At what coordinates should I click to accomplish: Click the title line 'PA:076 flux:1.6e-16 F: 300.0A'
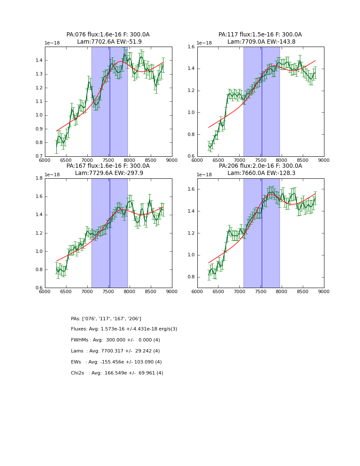108,35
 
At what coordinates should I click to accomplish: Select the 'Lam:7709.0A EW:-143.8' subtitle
260,42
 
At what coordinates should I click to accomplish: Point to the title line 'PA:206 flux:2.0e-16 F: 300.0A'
260,166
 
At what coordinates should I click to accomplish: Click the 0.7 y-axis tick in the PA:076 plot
39,156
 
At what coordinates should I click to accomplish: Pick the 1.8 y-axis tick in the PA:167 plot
39,178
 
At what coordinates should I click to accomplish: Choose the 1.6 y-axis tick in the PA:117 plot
191,47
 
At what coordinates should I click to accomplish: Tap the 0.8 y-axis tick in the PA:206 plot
191,277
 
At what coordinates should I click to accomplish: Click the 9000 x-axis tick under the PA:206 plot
324,291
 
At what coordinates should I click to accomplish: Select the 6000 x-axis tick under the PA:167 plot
45,291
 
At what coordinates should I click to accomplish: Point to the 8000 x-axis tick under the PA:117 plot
282,160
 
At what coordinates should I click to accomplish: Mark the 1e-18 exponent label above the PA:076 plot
52,43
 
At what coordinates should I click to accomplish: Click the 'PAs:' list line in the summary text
106,319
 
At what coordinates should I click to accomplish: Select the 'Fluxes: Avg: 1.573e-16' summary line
124,329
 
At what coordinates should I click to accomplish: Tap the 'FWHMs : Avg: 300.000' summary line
115,340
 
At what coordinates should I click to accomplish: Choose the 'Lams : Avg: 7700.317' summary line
115,351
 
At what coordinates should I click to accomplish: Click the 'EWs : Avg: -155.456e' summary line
116,362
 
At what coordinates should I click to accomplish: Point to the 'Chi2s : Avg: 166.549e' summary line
117,373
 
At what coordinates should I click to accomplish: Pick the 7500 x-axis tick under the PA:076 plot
108,160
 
